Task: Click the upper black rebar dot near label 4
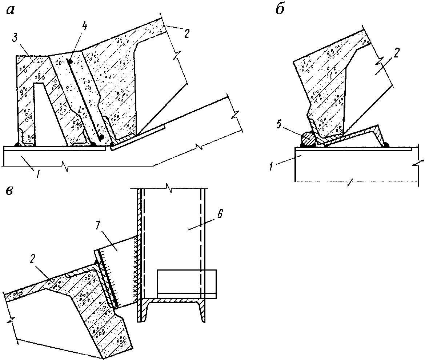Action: click(x=70, y=62)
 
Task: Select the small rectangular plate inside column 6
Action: click(x=187, y=282)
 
